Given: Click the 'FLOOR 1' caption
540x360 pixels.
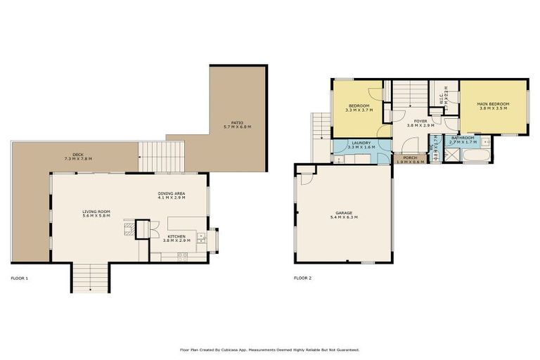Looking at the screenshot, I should pyautogui.click(x=19, y=278).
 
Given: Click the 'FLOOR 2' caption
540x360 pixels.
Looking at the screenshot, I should pyautogui.click(x=302, y=278).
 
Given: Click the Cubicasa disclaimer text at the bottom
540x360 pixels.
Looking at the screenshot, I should pyautogui.click(x=270, y=349).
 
